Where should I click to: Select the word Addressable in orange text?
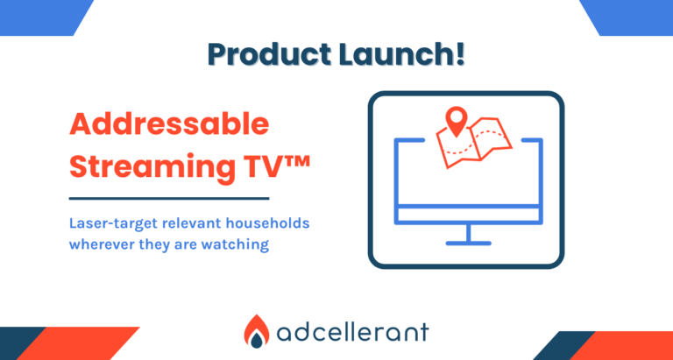pos(169,124)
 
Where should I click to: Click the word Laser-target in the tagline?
pos(114,222)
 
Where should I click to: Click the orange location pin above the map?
pos(455,120)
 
